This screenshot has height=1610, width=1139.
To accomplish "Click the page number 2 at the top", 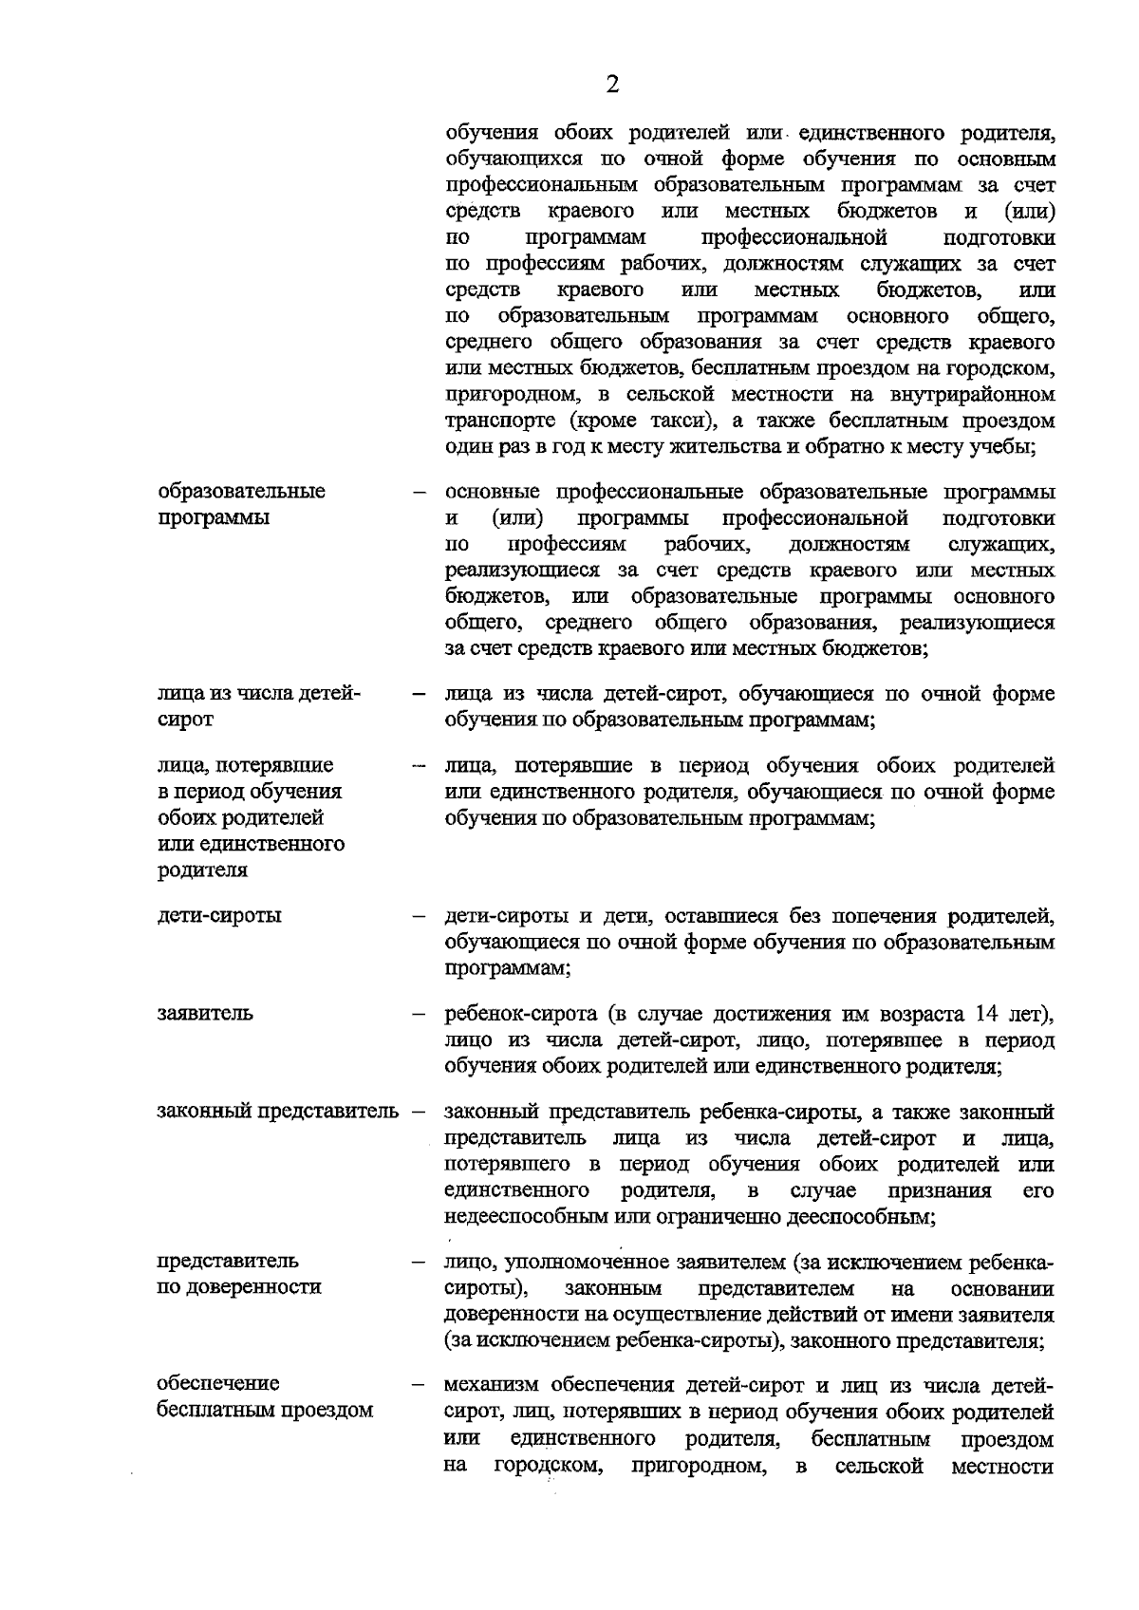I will point(612,85).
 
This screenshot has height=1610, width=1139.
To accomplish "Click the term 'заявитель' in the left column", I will point(205,1012).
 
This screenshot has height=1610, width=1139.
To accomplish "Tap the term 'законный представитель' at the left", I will point(277,1111).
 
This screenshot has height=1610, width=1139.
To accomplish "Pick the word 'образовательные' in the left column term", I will point(241,491).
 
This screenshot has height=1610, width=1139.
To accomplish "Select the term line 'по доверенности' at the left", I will point(239,1287).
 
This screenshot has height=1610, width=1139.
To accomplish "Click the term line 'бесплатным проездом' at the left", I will point(265,1410).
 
